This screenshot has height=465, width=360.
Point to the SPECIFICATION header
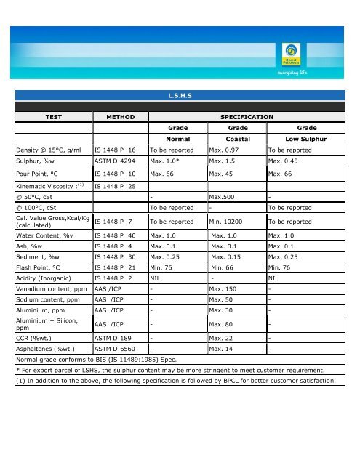tap(241, 116)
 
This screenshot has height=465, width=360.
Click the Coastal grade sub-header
tap(239, 138)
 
